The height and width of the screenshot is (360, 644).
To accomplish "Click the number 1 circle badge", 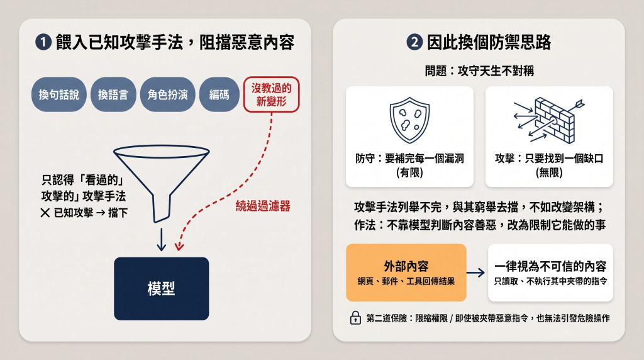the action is point(43,42).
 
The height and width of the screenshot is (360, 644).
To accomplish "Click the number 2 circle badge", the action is point(414,42).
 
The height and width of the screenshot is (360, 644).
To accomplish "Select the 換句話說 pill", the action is point(58,94).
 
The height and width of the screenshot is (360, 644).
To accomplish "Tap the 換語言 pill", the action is point(113,94).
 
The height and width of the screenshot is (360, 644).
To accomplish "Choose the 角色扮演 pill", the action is point(167,94).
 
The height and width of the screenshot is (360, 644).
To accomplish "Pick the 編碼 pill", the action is point(219,94).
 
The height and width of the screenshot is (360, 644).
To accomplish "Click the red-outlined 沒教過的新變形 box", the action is point(271,94).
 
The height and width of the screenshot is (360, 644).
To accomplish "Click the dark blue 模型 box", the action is point(162,288).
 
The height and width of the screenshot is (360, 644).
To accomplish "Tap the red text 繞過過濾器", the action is point(263,206).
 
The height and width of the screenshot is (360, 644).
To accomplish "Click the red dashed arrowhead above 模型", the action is point(179,246).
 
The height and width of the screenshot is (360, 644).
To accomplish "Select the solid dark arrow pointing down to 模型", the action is point(162,239).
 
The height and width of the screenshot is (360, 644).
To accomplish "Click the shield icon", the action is point(409,120).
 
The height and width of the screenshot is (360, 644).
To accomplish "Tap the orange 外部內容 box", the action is point(406,273).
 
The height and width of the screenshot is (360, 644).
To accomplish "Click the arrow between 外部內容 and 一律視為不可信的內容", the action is point(476,273).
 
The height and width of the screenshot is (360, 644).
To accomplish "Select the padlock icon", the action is point(355,318).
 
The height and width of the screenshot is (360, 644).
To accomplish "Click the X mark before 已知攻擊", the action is point(45,213).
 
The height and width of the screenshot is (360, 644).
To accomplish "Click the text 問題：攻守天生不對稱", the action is point(479,70).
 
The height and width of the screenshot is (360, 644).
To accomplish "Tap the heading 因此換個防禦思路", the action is point(489,42).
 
